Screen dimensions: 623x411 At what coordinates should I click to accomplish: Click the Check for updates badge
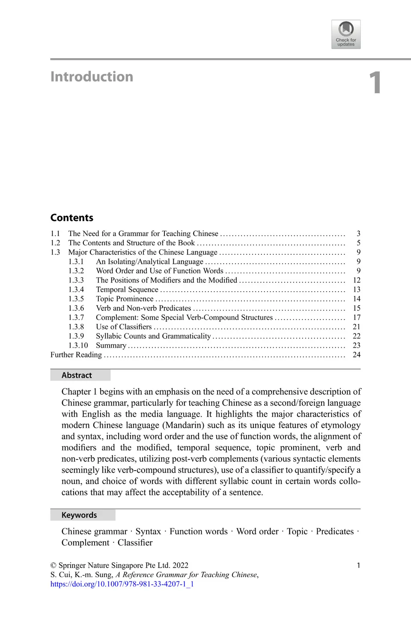tap(346, 34)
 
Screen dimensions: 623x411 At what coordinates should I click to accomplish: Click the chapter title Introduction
tap(92, 77)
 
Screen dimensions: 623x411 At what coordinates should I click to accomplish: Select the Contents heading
tap(71, 218)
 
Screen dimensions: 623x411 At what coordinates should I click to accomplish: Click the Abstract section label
tap(77, 375)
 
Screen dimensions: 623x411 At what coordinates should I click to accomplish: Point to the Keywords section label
tap(79, 515)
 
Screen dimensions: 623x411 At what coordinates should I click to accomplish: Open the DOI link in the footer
tap(122, 584)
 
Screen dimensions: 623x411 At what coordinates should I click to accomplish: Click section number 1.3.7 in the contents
tap(76, 317)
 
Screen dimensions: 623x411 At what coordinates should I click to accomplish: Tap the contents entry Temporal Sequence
tap(127, 289)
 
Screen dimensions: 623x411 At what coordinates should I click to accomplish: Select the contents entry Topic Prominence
tap(125, 299)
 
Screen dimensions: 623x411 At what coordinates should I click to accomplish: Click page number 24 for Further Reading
tap(357, 355)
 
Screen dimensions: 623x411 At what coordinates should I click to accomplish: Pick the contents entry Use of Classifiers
tap(124, 327)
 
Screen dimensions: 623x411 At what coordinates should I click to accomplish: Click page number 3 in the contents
tap(358, 233)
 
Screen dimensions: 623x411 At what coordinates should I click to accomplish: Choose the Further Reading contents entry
tap(76, 355)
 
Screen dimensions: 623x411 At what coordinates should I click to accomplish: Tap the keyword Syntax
tap(148, 531)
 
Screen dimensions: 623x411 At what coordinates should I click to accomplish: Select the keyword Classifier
tap(135, 543)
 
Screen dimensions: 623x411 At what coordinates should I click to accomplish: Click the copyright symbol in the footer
tap(54, 566)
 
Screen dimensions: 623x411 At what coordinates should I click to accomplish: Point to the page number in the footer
tap(358, 565)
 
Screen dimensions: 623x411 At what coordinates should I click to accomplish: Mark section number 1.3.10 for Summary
tap(78, 345)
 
